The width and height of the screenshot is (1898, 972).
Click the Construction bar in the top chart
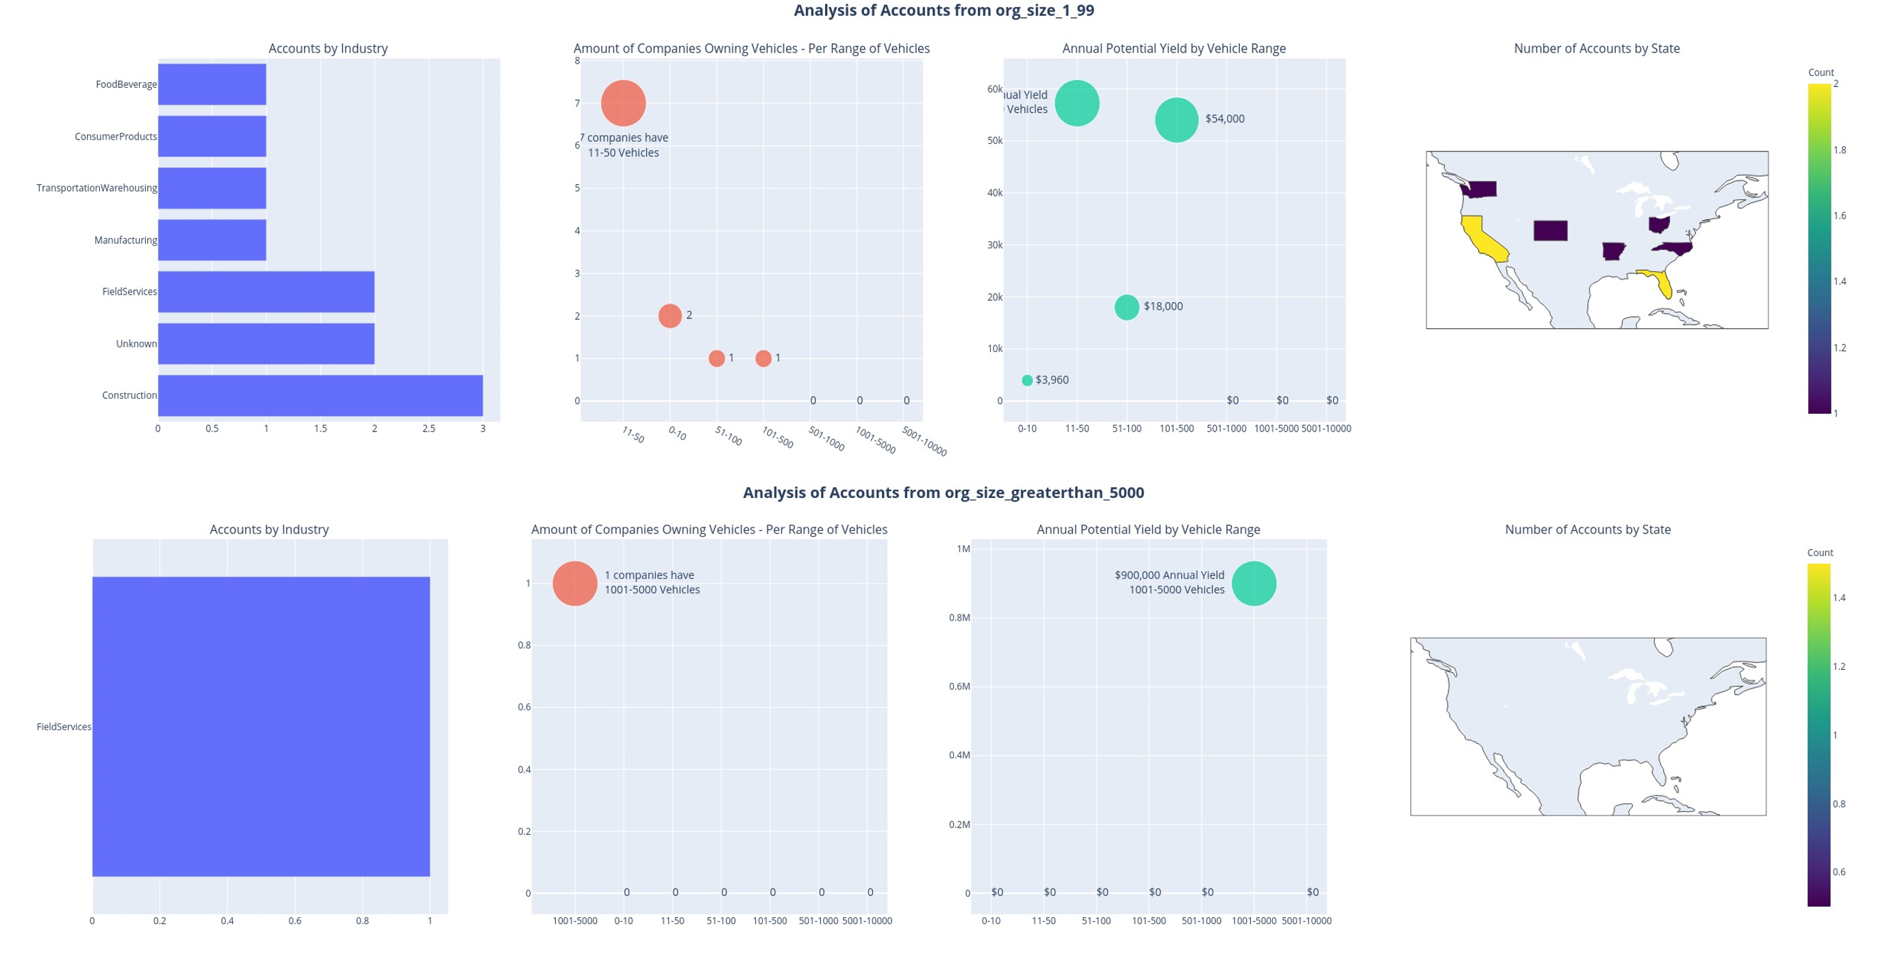[320, 396]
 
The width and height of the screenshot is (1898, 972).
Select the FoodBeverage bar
[212, 84]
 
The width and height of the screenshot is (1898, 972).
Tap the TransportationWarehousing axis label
[97, 188]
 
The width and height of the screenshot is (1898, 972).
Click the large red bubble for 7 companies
[623, 103]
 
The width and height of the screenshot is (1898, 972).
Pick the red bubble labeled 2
[670, 315]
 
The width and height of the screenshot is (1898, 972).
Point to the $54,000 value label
[1224, 119]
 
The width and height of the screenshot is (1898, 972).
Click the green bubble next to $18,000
[1126, 308]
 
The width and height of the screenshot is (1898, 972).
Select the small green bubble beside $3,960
[1027, 380]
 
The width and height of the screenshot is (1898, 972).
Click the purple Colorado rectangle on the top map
[1550, 231]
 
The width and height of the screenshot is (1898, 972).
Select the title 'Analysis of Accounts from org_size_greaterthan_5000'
[943, 493]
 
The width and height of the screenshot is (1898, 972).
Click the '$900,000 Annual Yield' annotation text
[1169, 575]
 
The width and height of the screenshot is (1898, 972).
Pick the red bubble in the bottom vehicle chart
[574, 584]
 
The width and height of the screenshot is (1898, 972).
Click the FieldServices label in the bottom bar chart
[64, 727]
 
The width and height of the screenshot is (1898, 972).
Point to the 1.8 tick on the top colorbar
[1840, 150]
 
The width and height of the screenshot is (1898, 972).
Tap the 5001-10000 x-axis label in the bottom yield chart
[1306, 921]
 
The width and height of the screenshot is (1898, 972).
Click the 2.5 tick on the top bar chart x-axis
[429, 428]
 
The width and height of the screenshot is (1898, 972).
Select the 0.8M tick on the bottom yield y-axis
[959, 618]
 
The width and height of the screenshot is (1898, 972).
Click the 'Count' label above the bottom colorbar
[1820, 553]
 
